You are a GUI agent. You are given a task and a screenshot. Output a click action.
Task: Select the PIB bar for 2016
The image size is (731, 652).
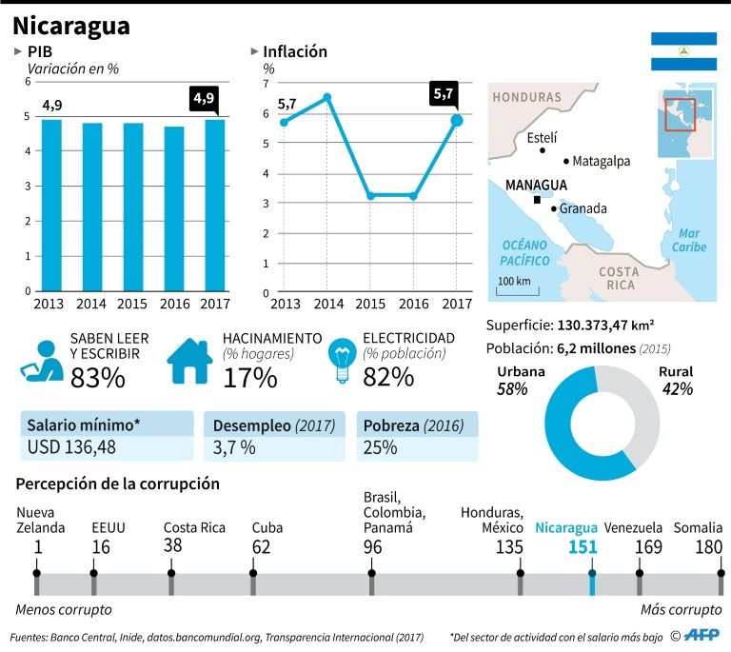coord(173,208)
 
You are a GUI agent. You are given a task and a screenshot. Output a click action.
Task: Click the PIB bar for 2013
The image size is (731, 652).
coord(51,205)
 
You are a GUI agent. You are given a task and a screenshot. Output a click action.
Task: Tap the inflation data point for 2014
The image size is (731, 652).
coord(326,97)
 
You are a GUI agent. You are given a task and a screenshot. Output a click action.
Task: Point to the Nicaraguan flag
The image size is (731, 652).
coord(683,50)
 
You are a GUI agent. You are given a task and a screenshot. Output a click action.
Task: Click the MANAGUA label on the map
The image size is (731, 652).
coord(536,185)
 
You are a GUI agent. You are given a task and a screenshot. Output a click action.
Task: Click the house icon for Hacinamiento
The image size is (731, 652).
coord(190,360)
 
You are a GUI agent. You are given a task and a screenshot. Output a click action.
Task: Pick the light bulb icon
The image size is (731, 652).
coord(341,360)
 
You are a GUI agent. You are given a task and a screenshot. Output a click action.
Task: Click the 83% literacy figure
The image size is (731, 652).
coord(97,378)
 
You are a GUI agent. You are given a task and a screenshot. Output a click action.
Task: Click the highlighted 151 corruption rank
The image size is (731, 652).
coord(583,547)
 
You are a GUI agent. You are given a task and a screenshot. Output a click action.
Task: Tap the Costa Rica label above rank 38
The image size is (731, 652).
coord(193,528)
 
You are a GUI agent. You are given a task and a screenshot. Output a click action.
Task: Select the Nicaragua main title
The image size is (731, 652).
coord(71,24)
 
